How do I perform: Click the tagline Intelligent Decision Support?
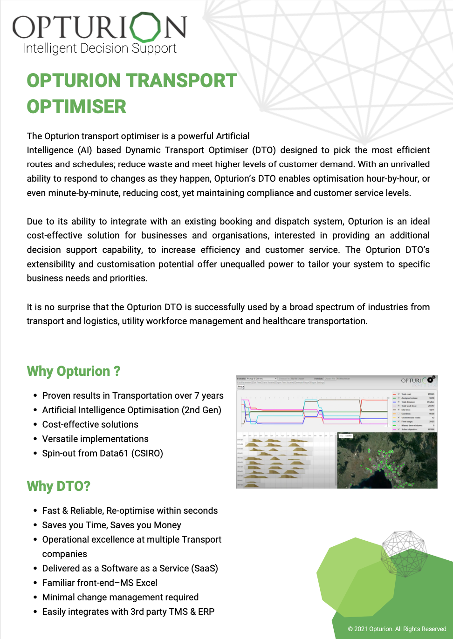point(99,48)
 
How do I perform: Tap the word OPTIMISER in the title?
point(76,107)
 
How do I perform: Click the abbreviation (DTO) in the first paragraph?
point(264,150)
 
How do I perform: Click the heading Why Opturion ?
point(74,371)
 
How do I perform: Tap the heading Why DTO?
point(59,486)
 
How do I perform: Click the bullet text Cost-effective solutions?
point(90,424)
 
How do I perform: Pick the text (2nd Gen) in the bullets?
point(201,410)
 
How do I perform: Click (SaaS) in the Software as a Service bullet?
point(205,568)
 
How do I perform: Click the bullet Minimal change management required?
point(120,597)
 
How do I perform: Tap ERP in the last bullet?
point(206,612)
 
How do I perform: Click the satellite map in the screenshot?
point(387,461)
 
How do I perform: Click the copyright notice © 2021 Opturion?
point(397,629)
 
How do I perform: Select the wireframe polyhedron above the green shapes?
point(404,553)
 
